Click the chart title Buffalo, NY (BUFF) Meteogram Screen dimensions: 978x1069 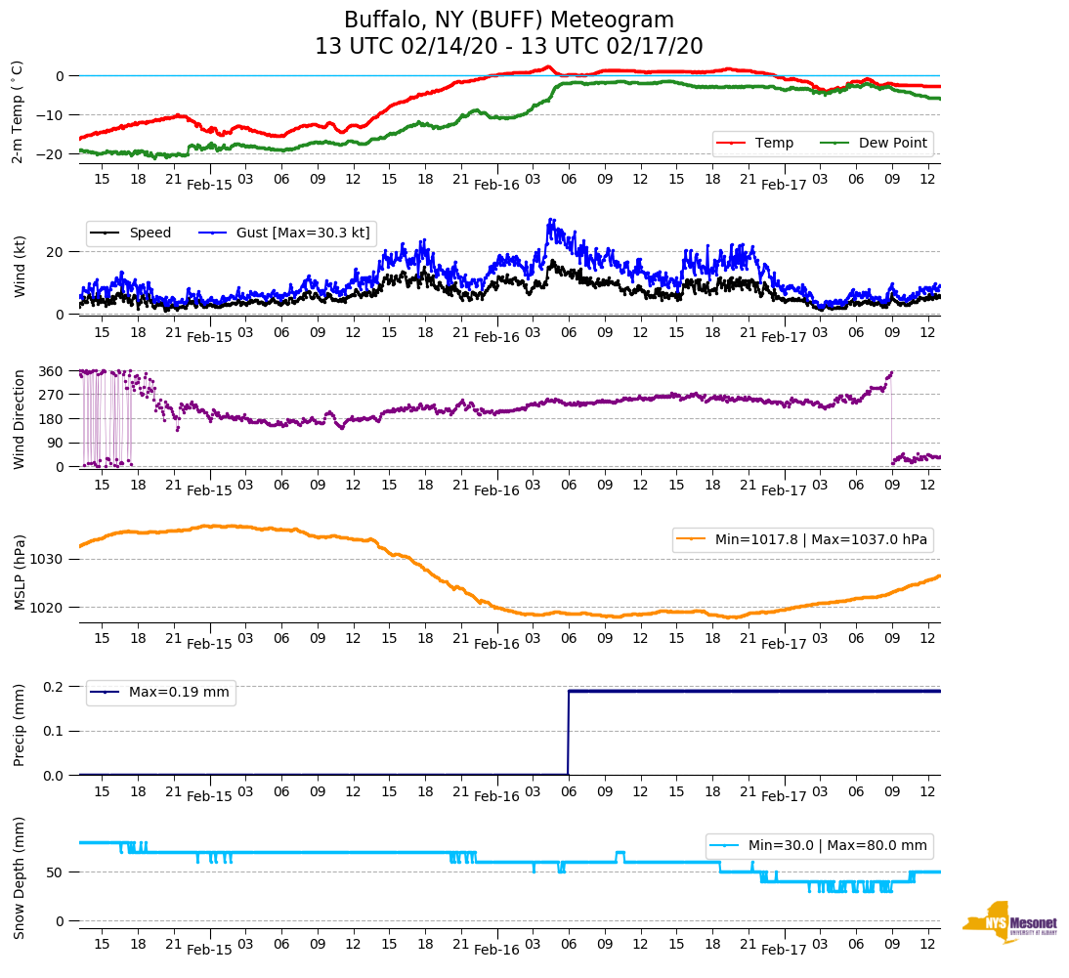pos(508,21)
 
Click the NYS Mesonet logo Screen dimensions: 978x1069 pos(1010,922)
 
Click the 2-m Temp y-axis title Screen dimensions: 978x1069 pos(18,111)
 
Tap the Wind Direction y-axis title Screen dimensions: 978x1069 pos(19,418)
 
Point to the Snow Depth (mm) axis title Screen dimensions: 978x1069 pos(19,877)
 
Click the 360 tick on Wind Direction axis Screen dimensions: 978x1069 pos(51,371)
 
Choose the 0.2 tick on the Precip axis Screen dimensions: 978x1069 pos(54,687)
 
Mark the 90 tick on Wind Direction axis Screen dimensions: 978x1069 pos(55,443)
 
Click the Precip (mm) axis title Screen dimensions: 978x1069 pos(19,725)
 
